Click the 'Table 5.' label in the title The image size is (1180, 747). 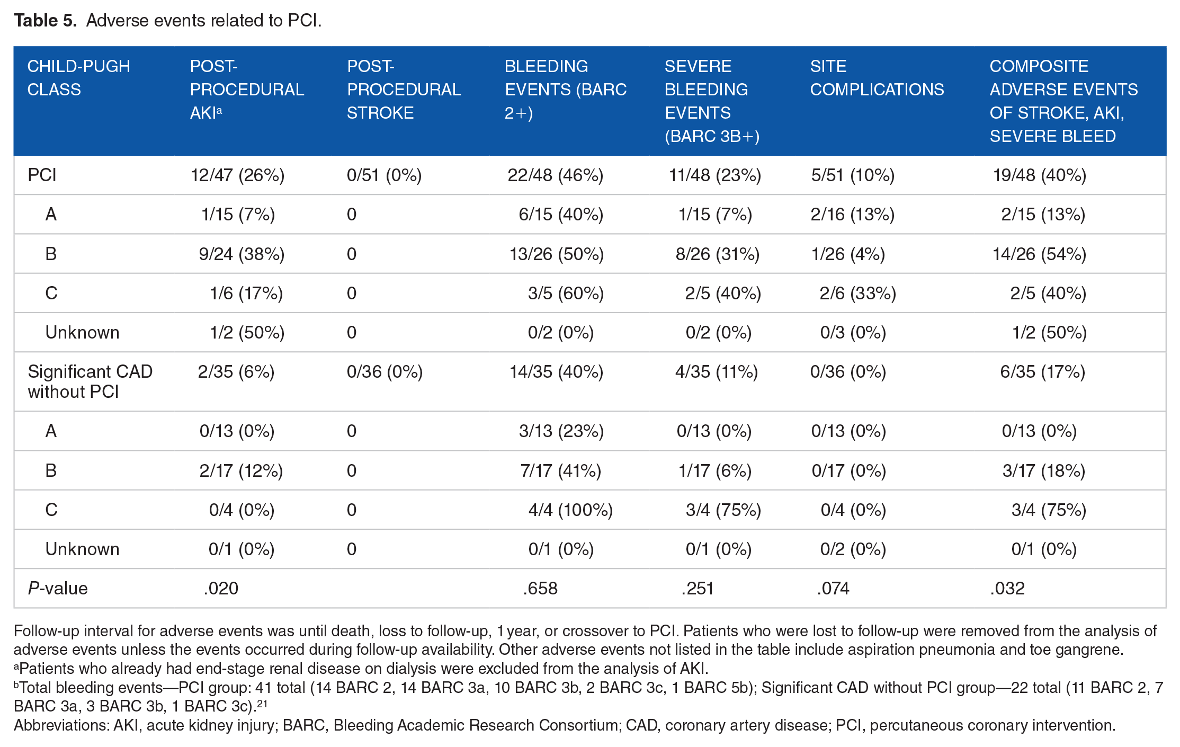[46, 20]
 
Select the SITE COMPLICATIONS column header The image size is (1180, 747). [877, 78]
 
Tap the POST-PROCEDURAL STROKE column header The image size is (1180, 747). [404, 90]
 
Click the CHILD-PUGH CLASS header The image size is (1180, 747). [78, 78]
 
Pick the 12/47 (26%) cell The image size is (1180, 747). [237, 175]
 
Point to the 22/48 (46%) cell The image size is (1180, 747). [556, 175]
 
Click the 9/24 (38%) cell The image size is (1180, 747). [242, 254]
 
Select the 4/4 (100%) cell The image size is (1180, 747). [570, 510]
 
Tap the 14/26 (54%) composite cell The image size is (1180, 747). [1039, 254]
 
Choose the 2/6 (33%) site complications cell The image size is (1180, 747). [858, 293]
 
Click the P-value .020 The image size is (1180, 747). [221, 588]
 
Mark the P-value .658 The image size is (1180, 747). [540, 588]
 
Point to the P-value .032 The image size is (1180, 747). [1007, 588]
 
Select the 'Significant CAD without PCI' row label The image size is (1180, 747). [90, 381]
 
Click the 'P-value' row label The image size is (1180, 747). [58, 588]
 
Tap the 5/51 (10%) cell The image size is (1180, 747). [853, 175]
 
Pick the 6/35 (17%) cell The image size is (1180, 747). [1042, 371]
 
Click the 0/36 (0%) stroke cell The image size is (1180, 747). [385, 371]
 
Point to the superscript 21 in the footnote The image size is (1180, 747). [262, 703]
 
